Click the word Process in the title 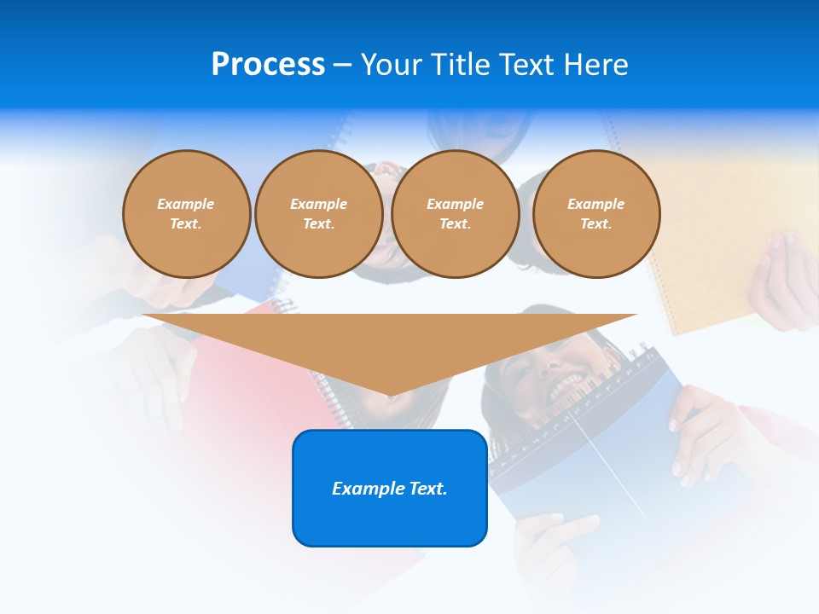[268, 65]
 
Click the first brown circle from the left [186, 214]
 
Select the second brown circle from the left [319, 214]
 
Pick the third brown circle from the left [456, 214]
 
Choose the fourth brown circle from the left [596, 214]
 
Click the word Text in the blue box [428, 489]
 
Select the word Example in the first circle [186, 204]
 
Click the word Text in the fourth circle [596, 223]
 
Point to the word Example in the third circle [456, 204]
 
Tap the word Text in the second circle [319, 223]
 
